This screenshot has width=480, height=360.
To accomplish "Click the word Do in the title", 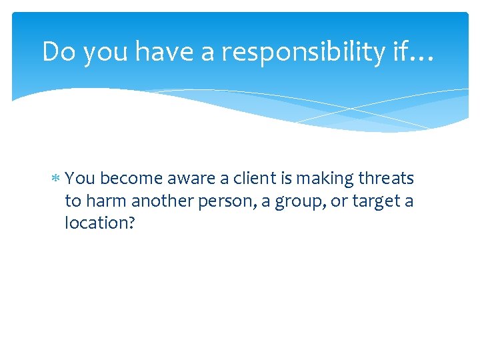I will pos(57,51).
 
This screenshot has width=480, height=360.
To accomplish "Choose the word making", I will pos(317,179).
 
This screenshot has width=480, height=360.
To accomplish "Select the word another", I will pos(158,201).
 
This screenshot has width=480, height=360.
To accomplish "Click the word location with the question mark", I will pos(100,223).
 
